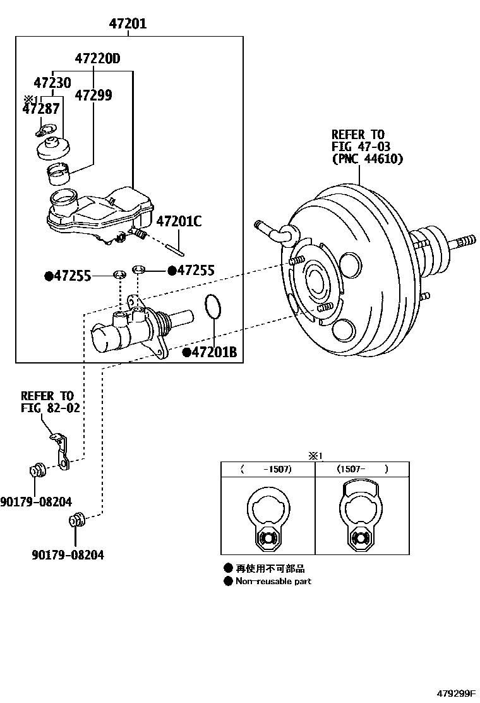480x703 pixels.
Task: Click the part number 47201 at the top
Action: click(x=128, y=24)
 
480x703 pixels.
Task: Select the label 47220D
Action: click(x=97, y=59)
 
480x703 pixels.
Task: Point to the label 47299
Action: click(x=93, y=95)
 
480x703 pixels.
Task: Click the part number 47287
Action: click(x=42, y=109)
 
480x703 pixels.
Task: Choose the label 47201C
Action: click(x=179, y=221)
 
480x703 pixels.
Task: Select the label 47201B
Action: click(x=210, y=352)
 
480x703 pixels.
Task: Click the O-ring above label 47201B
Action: click(x=213, y=307)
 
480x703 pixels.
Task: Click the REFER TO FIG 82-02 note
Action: click(x=51, y=402)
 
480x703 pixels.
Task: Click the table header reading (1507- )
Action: click(x=362, y=469)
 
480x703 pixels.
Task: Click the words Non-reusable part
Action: click(x=273, y=581)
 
